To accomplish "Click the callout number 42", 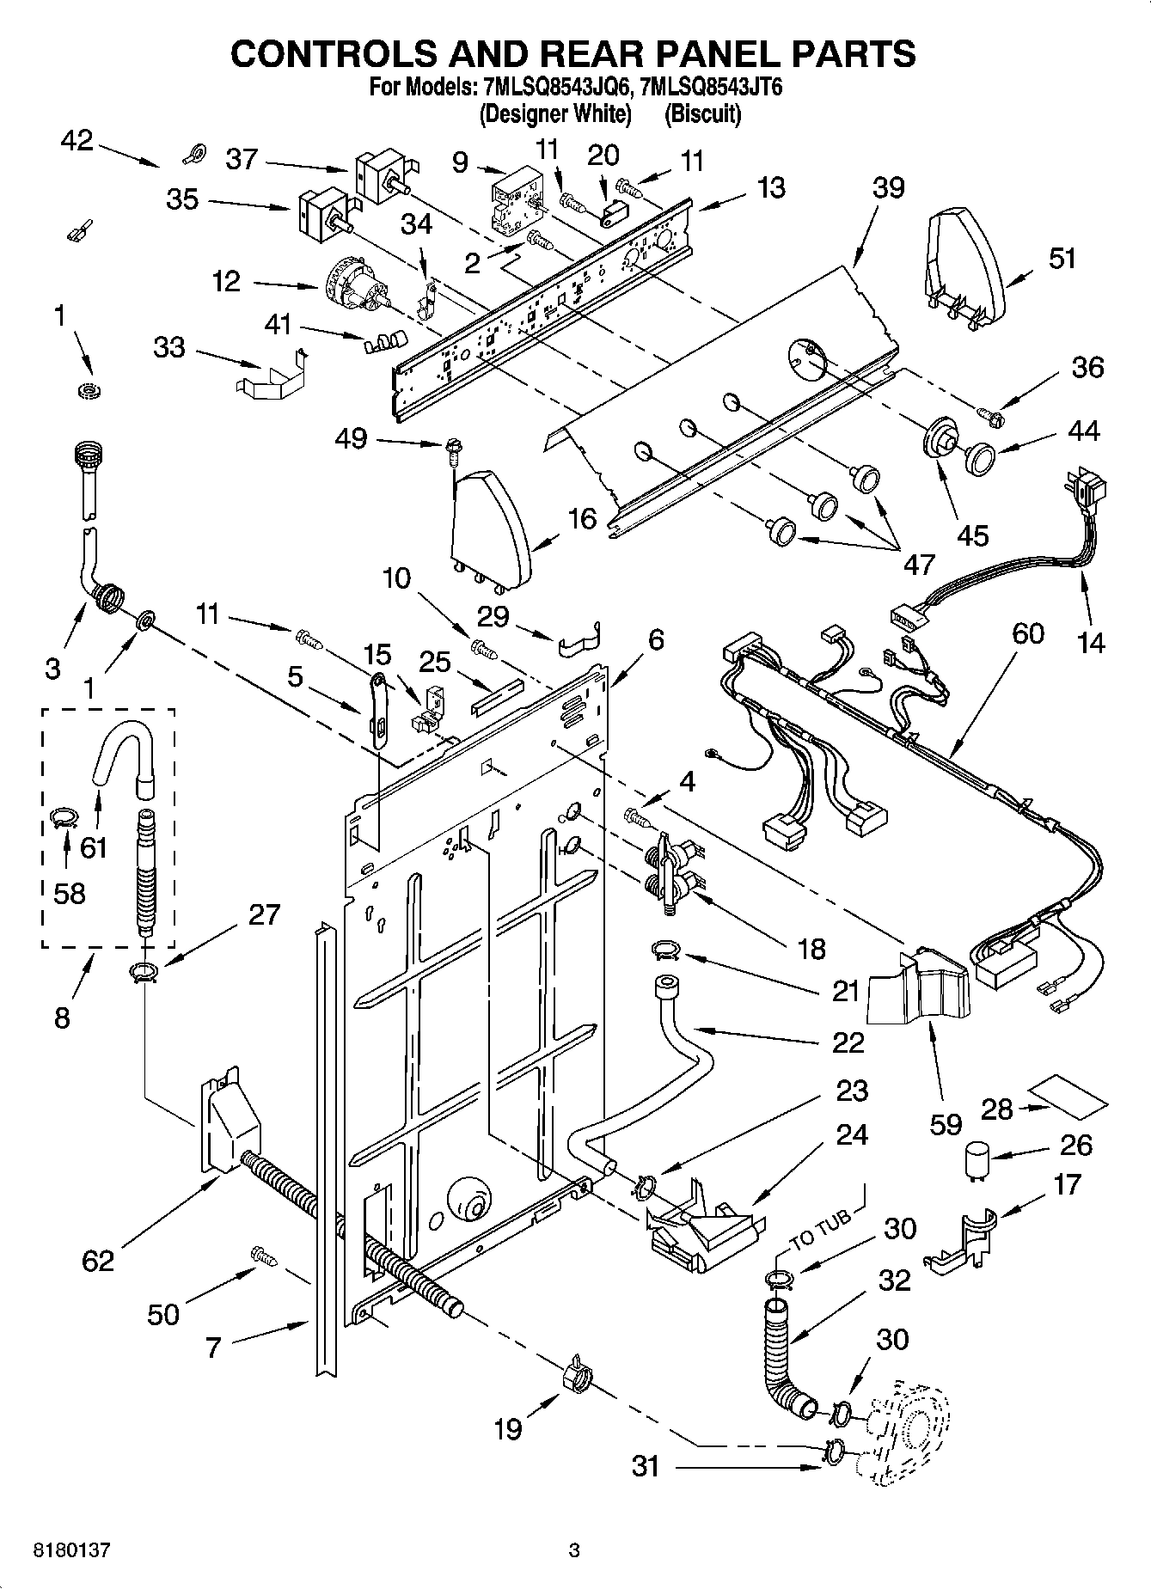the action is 77,140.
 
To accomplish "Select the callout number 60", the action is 1028,633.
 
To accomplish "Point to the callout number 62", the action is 98,1261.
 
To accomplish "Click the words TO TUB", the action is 820,1230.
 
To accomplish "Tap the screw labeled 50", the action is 264,1256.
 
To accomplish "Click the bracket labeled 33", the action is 271,372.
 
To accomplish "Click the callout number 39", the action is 890,186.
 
